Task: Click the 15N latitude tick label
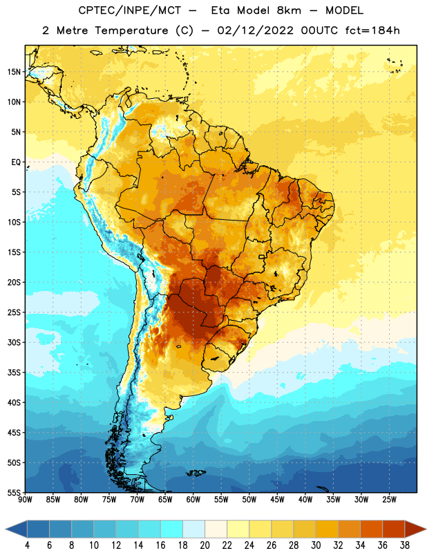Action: [x=14, y=72]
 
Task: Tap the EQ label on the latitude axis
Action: [x=16, y=162]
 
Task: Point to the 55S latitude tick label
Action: [x=14, y=492]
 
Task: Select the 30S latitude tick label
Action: [x=14, y=342]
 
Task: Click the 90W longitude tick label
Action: [x=25, y=499]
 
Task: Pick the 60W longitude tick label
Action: [x=193, y=499]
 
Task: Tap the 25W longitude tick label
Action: [x=389, y=499]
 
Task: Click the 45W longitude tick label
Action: [x=277, y=499]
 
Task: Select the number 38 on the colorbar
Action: [x=404, y=545]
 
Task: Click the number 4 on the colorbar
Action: [x=27, y=545]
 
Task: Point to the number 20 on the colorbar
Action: [x=205, y=545]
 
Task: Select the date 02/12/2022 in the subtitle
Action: [x=255, y=30]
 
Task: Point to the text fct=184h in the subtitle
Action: [x=372, y=30]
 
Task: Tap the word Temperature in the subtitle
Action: [x=131, y=31]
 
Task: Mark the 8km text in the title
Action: [x=289, y=10]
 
